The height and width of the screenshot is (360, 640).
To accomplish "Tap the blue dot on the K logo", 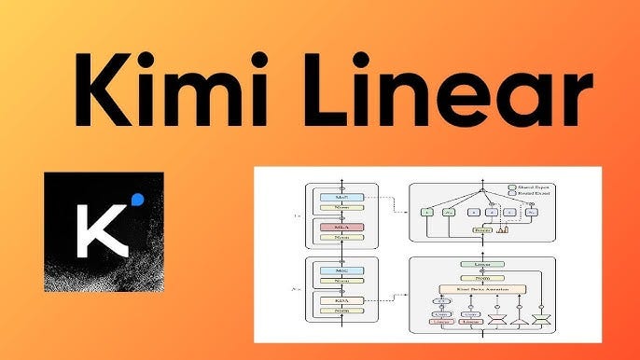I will pos(138,199).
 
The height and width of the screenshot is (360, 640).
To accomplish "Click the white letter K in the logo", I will pos(98,228).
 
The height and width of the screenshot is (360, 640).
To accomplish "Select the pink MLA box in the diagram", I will pos(341,227).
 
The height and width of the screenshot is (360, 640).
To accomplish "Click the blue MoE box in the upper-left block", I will pos(341,197).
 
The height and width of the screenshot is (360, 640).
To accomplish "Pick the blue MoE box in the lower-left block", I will pos(341,270).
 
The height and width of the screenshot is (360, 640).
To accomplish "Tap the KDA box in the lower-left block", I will pos(341,300).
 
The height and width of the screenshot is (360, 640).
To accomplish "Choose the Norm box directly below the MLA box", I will pos(341,238).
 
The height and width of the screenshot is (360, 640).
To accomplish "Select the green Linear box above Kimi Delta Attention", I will pos(484,265).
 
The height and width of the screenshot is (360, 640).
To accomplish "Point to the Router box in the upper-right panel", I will pos(482,228).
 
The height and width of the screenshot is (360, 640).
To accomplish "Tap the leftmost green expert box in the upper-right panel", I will pos(426,212).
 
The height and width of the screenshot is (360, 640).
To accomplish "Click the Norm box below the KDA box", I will pos(341,312).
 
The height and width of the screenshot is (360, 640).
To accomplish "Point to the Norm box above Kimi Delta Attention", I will pos(484,277).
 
